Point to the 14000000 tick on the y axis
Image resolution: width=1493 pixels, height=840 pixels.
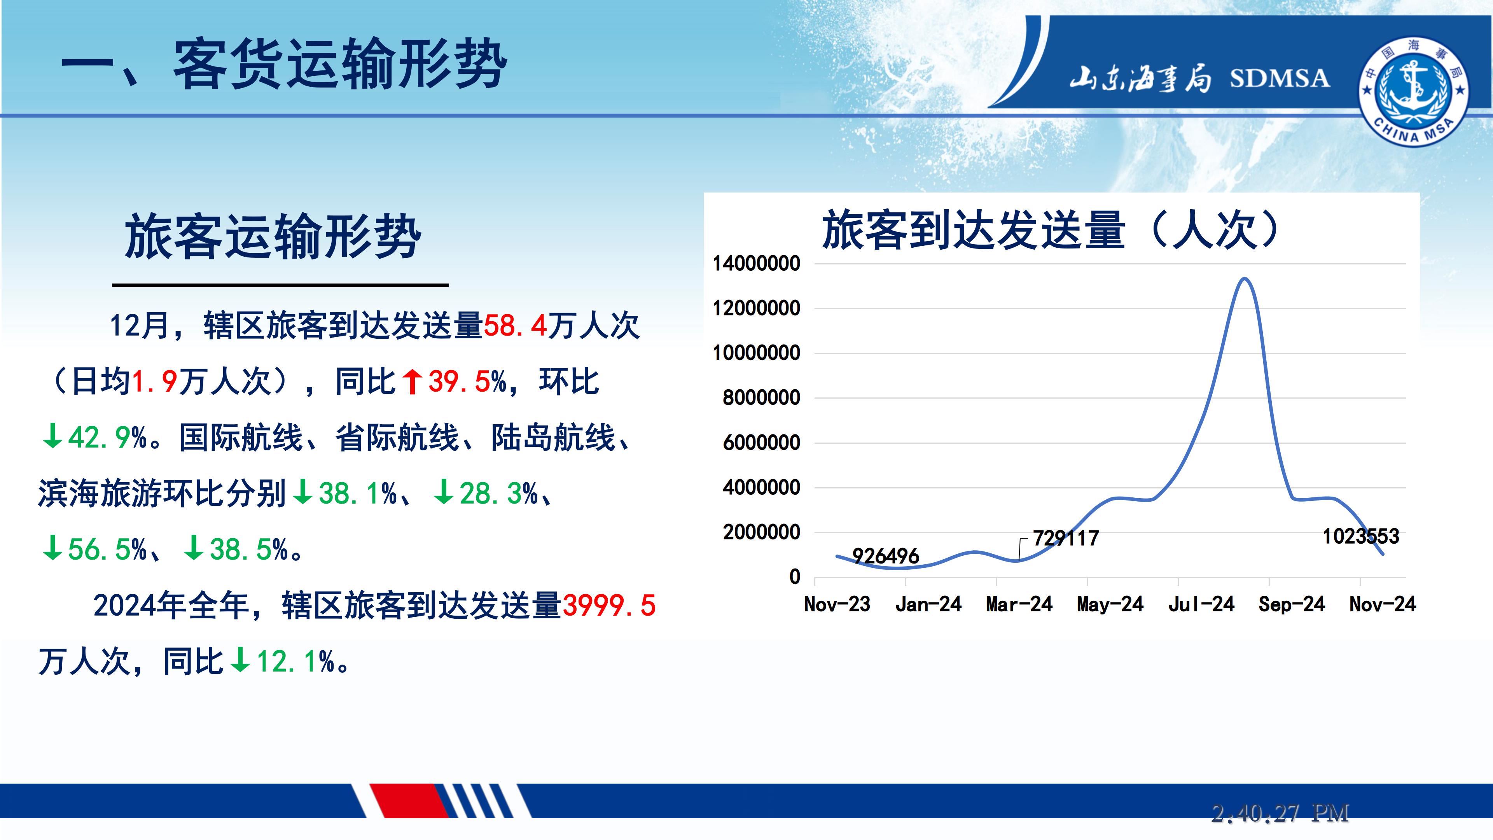pyautogui.click(x=756, y=264)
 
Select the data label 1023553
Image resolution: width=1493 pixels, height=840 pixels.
pyautogui.click(x=1361, y=537)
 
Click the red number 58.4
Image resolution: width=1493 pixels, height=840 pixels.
pyautogui.click(x=515, y=325)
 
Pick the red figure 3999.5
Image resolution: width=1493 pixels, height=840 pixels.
pyautogui.click(x=608, y=606)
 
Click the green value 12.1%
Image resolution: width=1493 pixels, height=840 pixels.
pyautogui.click(x=295, y=661)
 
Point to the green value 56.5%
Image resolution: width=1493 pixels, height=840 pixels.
pyautogui.click(x=107, y=549)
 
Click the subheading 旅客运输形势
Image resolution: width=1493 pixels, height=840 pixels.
pyautogui.click(x=273, y=236)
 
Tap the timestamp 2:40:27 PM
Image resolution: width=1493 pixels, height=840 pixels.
pyautogui.click(x=1280, y=813)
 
